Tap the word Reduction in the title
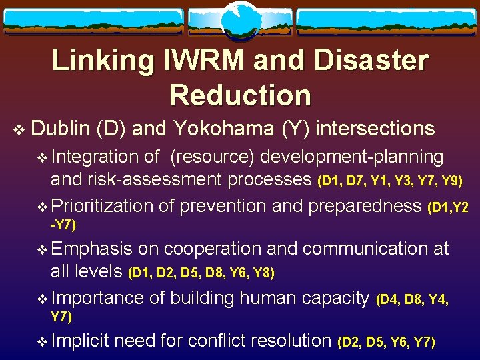click(x=240, y=95)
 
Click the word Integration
click(x=95, y=157)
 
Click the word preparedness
click(x=363, y=206)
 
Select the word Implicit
click(x=80, y=341)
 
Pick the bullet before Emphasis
click(x=43, y=250)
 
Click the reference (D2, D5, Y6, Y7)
click(x=387, y=343)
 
